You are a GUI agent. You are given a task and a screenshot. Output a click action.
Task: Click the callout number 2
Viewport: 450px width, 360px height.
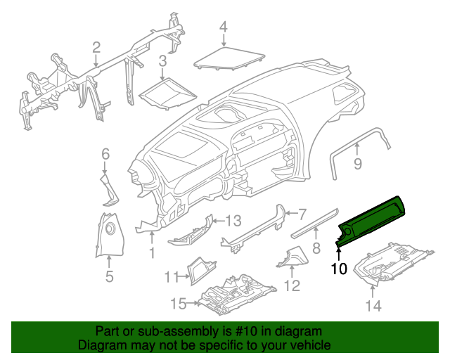pyautogui.click(x=96, y=47)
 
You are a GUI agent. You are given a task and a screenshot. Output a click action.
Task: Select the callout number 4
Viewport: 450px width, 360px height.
pyautogui.click(x=223, y=27)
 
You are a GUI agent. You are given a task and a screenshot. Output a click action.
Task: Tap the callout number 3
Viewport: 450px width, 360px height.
pyautogui.click(x=162, y=61)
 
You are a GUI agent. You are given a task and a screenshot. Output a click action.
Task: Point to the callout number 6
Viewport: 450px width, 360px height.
pyautogui.click(x=105, y=153)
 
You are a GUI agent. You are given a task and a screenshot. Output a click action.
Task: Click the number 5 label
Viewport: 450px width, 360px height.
pyautogui.click(x=109, y=277)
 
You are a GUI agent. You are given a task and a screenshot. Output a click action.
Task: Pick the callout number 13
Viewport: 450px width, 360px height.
pyautogui.click(x=233, y=219)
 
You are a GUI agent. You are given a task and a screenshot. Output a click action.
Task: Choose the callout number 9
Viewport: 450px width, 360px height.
pyautogui.click(x=357, y=165)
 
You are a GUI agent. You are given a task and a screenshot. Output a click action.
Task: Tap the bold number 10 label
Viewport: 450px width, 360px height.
pyautogui.click(x=339, y=268)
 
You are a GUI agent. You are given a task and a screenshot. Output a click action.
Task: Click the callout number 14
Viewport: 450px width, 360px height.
pyautogui.click(x=373, y=305)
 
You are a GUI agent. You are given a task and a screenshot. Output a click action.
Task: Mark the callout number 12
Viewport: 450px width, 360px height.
pyautogui.click(x=291, y=285)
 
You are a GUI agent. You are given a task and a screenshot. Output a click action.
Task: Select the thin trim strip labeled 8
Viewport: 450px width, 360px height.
pyautogui.click(x=314, y=221)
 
